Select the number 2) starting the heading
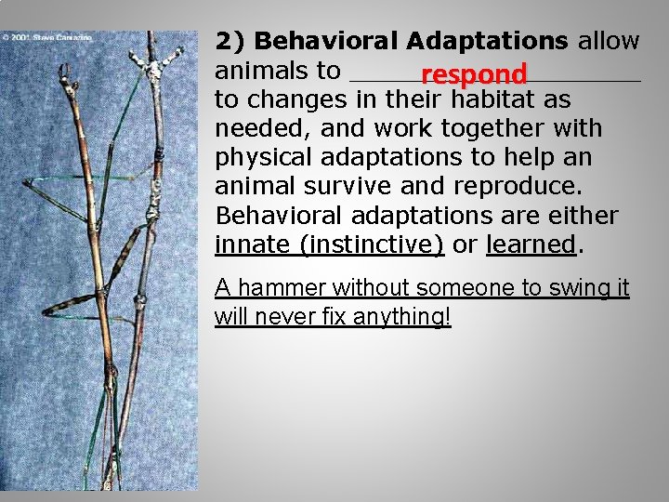230,42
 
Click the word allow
609,42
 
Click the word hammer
283,289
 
